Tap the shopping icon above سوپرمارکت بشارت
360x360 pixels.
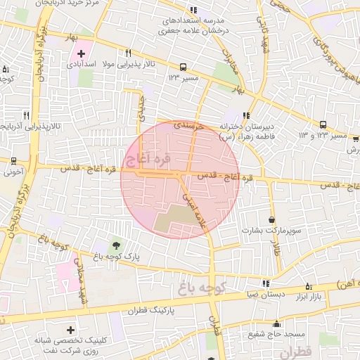coord(271,219)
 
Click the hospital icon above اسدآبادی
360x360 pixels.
coord(82,53)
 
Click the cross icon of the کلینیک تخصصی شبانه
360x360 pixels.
coord(70,329)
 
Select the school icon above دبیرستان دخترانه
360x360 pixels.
coord(245,115)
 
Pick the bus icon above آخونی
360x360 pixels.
coord(12,160)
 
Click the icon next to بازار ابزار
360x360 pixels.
coord(309,285)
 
